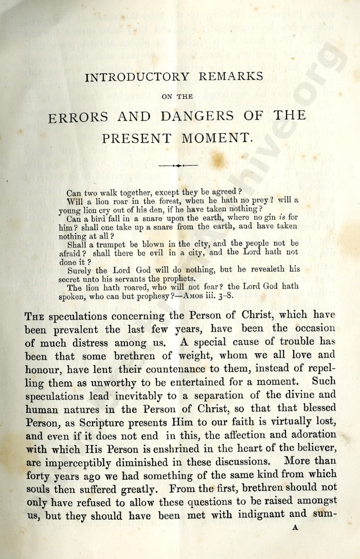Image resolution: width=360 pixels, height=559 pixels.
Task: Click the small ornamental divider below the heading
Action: tap(178, 166)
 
